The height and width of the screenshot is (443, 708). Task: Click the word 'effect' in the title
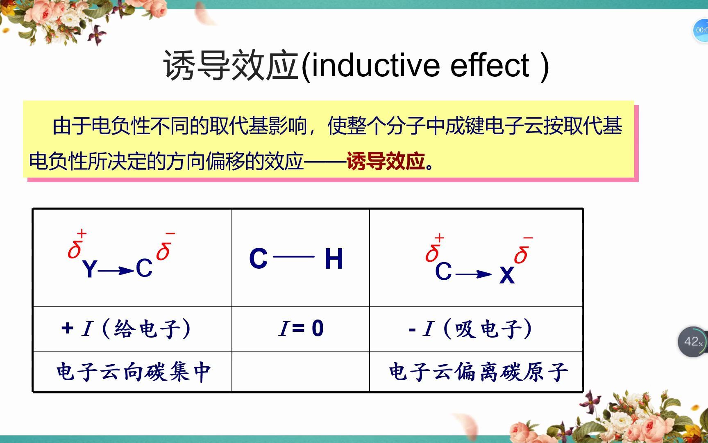click(x=490, y=66)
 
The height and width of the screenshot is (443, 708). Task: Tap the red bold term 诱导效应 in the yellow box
click(x=386, y=161)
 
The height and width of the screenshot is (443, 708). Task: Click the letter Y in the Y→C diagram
click(x=89, y=269)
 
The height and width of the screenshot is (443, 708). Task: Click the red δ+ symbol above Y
click(x=76, y=245)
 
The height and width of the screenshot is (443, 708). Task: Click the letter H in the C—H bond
click(x=334, y=259)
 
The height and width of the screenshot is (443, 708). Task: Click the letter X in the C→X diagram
click(x=506, y=275)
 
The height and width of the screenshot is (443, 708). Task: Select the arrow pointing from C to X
click(x=473, y=274)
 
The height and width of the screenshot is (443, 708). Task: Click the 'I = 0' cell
click(x=301, y=329)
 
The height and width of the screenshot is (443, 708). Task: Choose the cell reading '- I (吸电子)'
click(x=470, y=329)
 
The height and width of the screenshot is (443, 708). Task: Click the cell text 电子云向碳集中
click(x=134, y=372)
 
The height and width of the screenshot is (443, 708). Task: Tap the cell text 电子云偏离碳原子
click(x=478, y=372)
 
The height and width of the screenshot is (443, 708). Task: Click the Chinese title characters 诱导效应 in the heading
click(x=230, y=66)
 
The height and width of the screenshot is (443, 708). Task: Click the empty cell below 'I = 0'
click(x=301, y=372)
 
